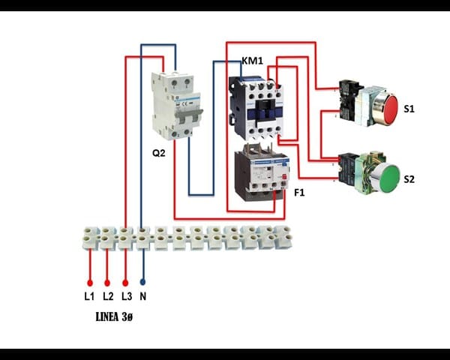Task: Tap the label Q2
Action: pos(159,153)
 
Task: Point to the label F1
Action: pos(299,193)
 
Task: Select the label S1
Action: pos(409,109)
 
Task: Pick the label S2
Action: pos(409,180)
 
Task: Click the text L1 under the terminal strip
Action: pos(89,297)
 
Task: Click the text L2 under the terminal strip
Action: pos(107,297)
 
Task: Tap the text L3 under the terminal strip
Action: pos(126,297)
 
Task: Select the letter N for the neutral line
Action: pos(142,297)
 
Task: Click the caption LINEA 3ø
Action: pos(115,318)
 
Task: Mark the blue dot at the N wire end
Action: pos(142,283)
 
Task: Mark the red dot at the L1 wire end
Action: pos(89,283)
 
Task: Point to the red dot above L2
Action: pos(107,283)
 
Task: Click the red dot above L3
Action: pos(125,283)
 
